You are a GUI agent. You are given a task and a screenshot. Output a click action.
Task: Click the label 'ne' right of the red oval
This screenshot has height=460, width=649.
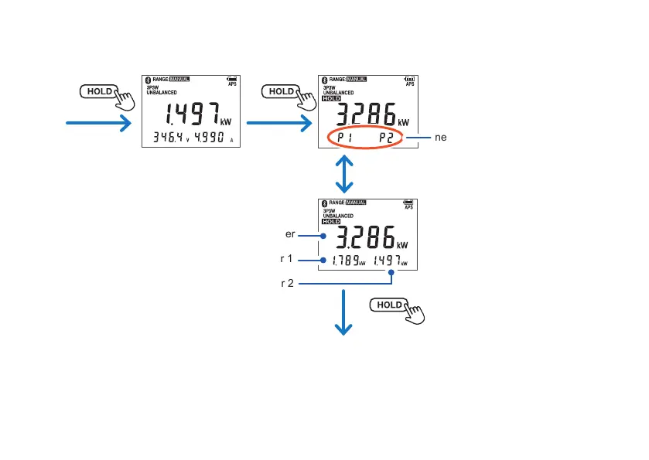click(441, 136)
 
